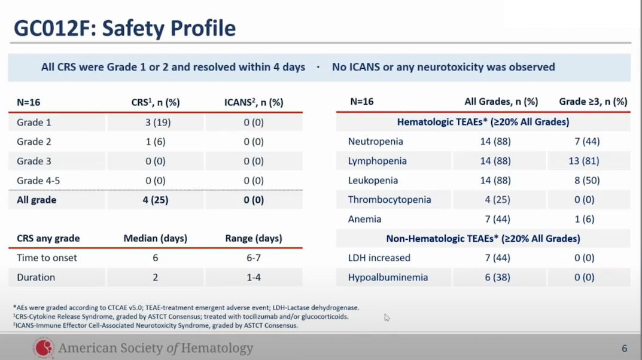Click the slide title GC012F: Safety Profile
coord(124,28)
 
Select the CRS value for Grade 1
coord(155,123)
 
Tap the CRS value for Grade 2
coord(155,142)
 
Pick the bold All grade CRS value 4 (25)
coord(155,200)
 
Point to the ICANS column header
coord(253,102)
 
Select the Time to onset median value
coord(155,258)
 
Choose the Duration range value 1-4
coord(253,277)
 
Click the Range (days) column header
coord(253,238)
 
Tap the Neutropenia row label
coord(376,142)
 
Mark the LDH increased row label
coord(379,258)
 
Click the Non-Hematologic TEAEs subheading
coord(483,239)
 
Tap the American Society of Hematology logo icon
coord(43,347)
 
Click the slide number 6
coord(624,349)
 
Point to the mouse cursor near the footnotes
coord(387,318)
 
